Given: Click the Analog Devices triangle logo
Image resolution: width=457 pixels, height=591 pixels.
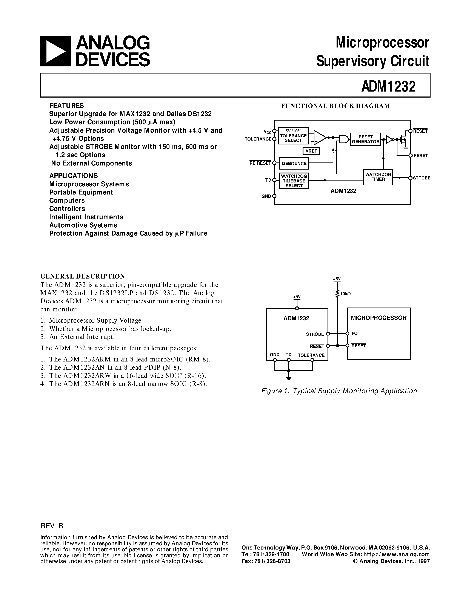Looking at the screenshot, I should coord(55,51).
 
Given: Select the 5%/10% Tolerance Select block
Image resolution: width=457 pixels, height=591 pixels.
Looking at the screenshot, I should coord(293,136).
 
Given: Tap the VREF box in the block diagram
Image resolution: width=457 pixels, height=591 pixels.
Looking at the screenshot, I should coord(311,151).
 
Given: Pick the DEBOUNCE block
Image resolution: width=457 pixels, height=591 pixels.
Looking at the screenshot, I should coord(294,164).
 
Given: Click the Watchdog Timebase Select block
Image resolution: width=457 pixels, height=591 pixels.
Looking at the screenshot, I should coord(294,181).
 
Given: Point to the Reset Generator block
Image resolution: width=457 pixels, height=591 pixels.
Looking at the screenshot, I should coord(365,139).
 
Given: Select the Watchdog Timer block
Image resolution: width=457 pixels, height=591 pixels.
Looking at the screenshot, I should coord(378,177).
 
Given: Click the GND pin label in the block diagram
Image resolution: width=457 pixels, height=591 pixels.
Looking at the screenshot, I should coord(266,196).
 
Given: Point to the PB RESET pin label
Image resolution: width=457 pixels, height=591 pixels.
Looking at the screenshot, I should coord(260,163).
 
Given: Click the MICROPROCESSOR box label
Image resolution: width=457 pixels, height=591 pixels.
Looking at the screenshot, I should coord(379,318).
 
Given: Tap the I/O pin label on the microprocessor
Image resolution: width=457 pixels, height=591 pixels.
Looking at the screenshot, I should coord(355,333).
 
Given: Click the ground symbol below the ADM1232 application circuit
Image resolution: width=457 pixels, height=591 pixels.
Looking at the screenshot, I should coord(289,378).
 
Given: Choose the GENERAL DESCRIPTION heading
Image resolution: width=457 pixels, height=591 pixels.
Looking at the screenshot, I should coord(83,276).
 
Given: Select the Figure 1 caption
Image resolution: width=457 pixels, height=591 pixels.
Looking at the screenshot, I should coord(339,391).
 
